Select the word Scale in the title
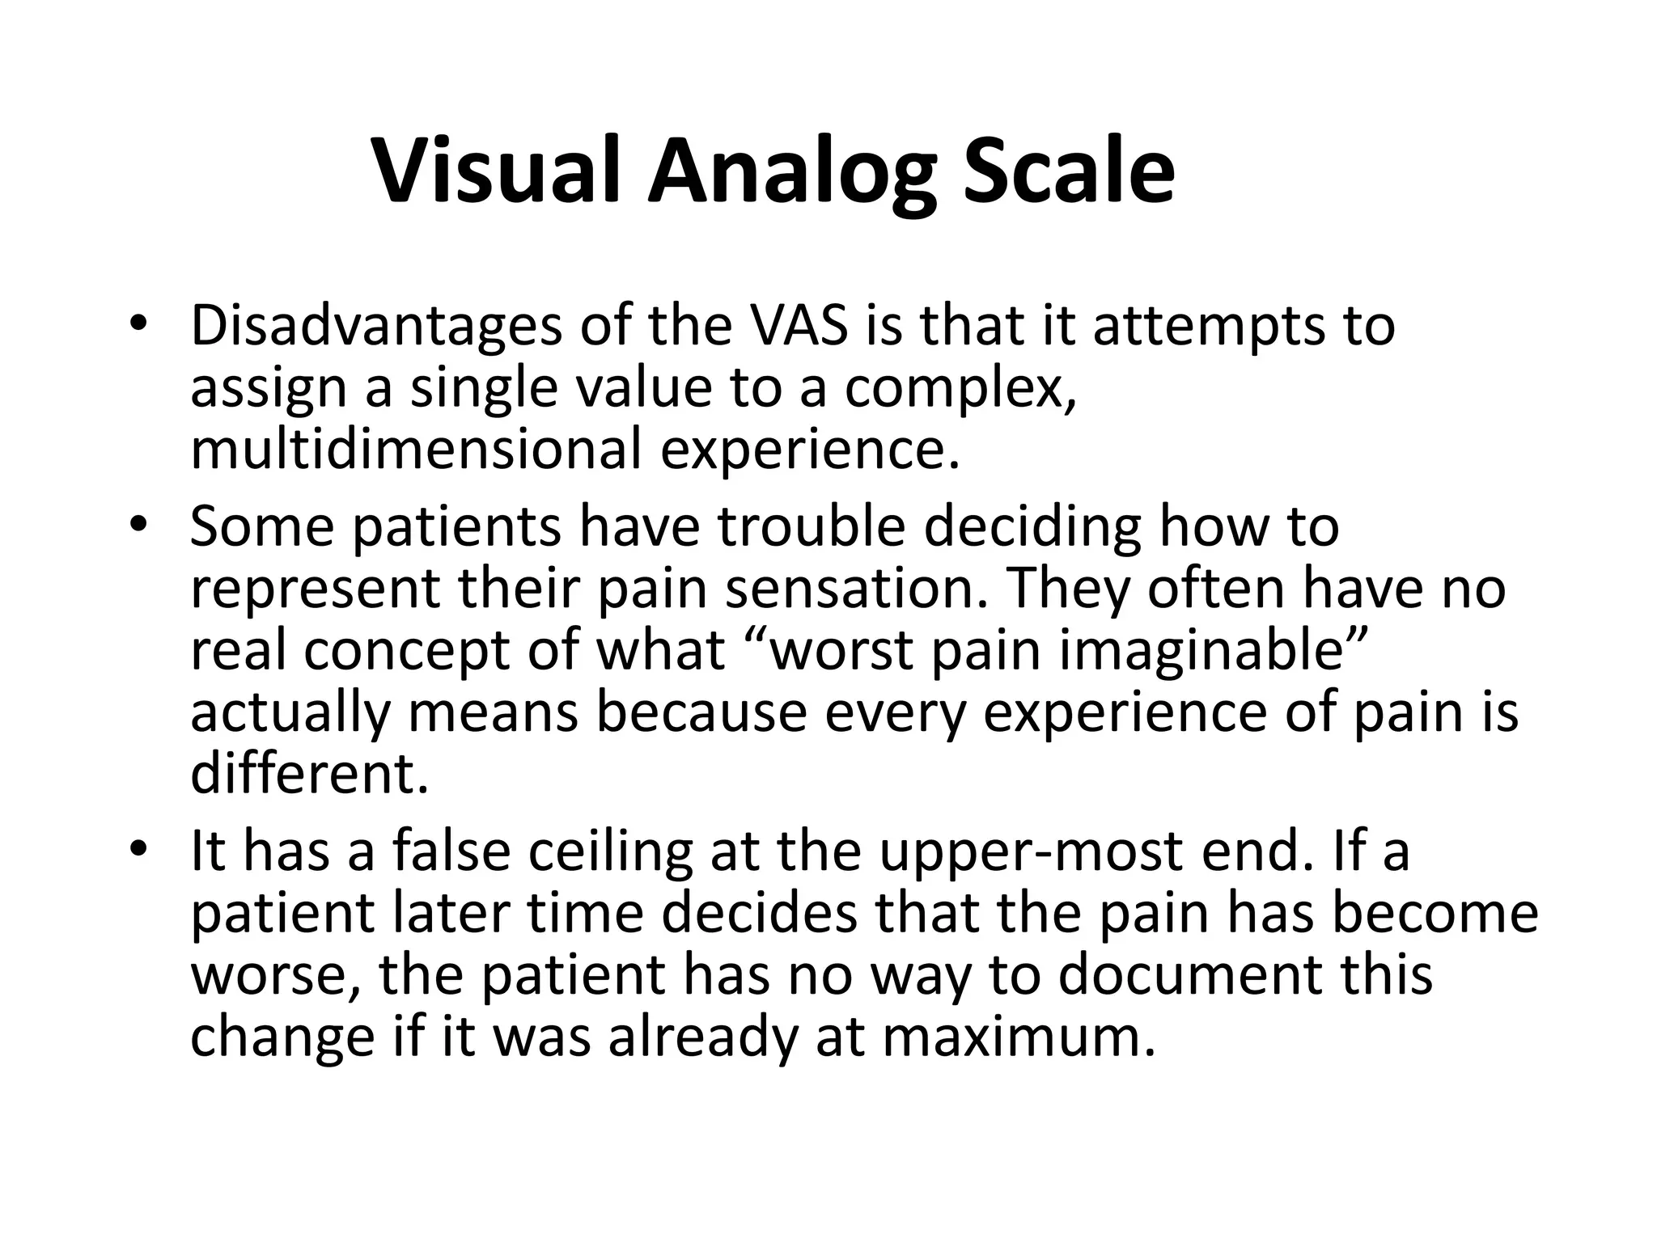tap(1068, 172)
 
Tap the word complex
tap(960, 388)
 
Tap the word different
tap(308, 774)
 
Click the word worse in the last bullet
tap(274, 975)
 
